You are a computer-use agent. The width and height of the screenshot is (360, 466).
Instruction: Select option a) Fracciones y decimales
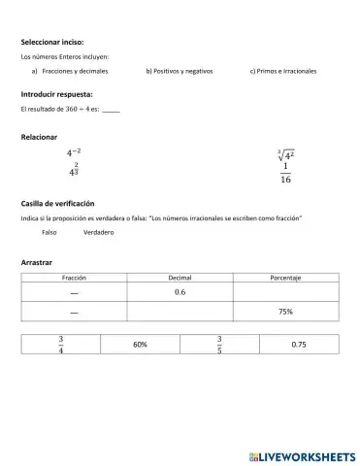[x=69, y=72]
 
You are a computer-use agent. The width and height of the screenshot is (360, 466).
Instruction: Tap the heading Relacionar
[x=40, y=138]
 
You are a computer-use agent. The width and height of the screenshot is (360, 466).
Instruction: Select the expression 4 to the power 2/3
[x=74, y=171]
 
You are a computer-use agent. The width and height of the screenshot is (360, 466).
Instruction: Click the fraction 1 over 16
[x=285, y=173]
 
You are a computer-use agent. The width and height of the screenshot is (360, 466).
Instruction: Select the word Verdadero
[x=99, y=233]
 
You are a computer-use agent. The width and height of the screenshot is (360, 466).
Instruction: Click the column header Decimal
[x=180, y=278]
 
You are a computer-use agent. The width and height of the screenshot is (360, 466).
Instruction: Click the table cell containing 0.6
[x=180, y=292]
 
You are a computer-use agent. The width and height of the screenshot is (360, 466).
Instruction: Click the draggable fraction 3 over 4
[x=60, y=345]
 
